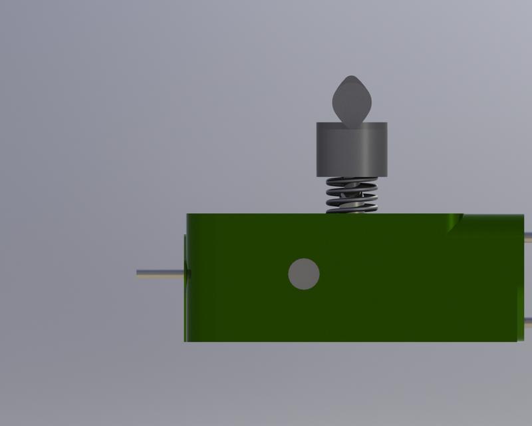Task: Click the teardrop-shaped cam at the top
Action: tap(350, 101)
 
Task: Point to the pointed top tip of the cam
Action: tap(350, 77)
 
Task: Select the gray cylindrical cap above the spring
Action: tap(351, 150)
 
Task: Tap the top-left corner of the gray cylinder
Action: tap(317, 124)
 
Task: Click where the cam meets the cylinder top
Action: tap(350, 124)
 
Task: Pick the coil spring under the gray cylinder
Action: tap(352, 194)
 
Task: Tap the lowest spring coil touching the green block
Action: tap(352, 210)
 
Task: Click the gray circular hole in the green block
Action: tap(304, 274)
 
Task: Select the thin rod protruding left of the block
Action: tap(160, 273)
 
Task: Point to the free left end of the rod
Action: tap(138, 273)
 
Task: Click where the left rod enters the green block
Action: tap(186, 273)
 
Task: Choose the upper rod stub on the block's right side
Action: tap(527, 236)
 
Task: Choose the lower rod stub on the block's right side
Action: tap(527, 321)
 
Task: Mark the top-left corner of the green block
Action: tap(187, 214)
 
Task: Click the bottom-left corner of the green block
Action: tap(185, 341)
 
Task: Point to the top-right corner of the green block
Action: tap(523, 215)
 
